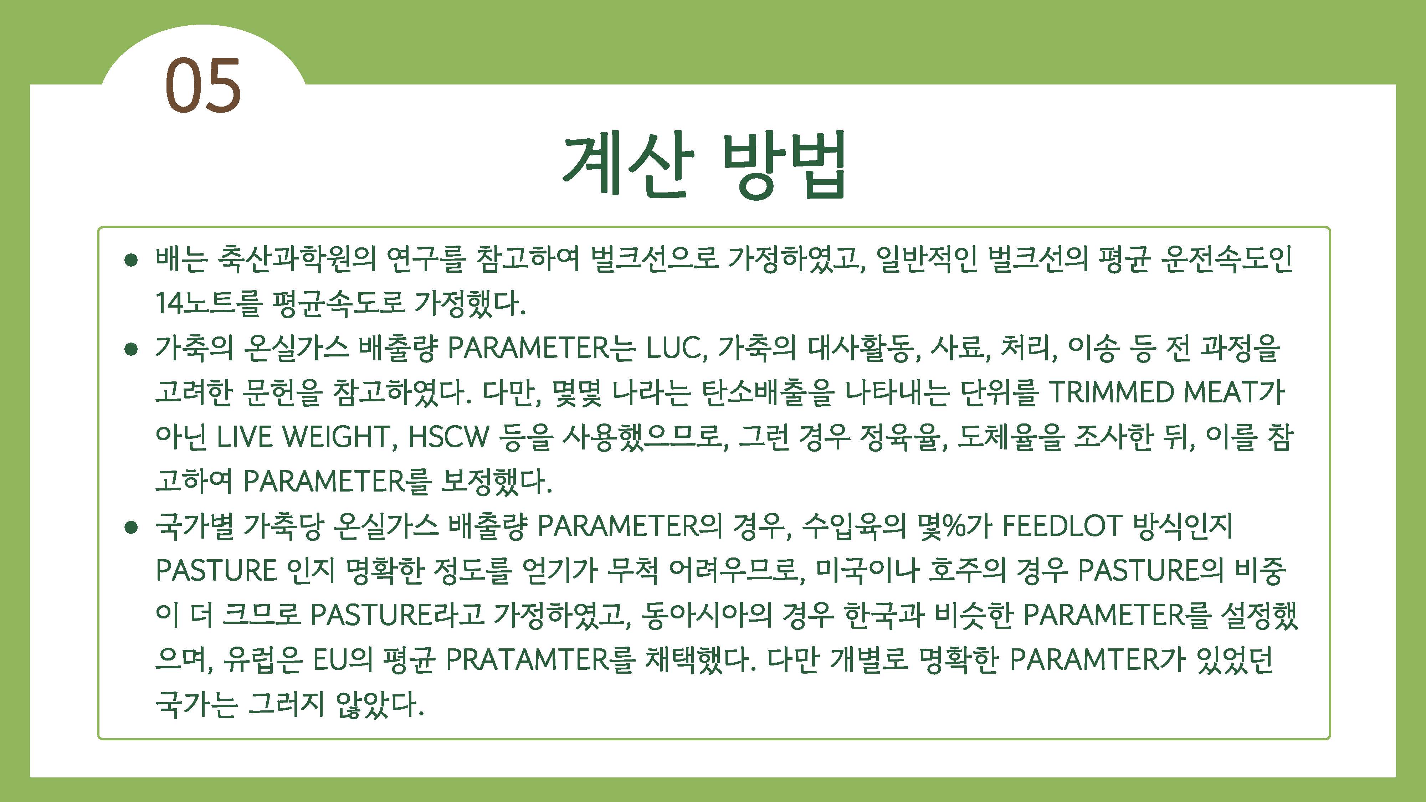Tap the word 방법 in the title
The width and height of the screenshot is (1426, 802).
click(785, 164)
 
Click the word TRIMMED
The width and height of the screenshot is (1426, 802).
click(1112, 392)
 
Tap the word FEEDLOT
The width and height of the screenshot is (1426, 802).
click(1062, 526)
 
